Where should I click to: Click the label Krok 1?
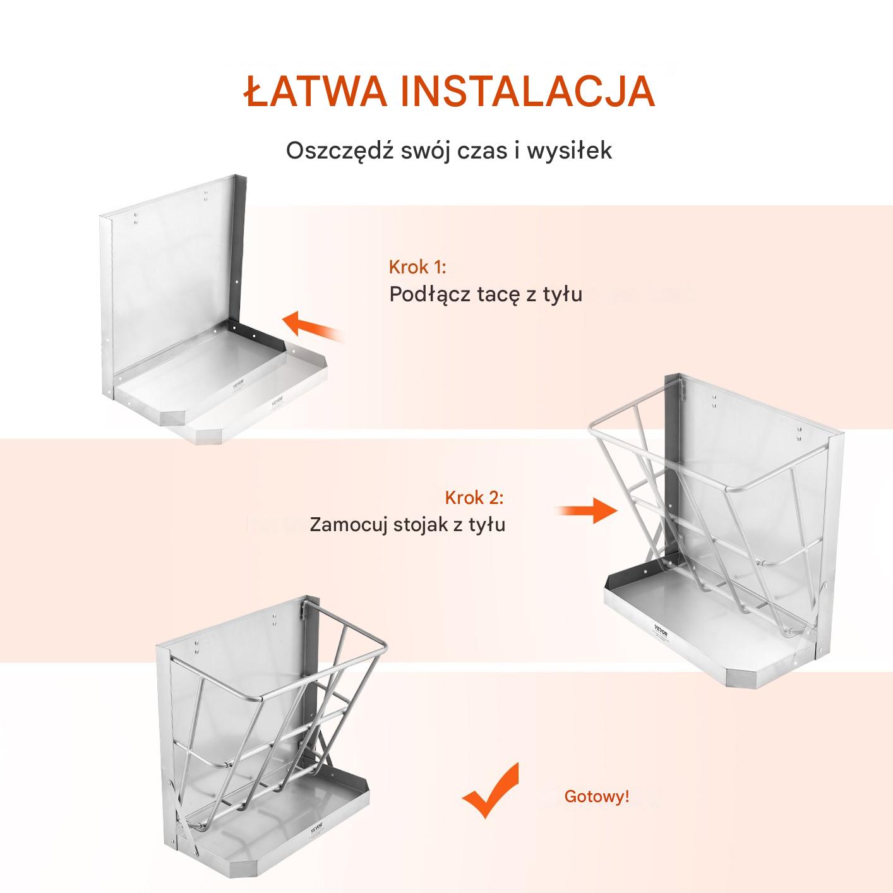pos(417,267)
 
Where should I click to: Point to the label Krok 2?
pos(474,498)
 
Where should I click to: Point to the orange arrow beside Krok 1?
pos(313,326)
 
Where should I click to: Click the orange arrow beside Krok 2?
pos(587,510)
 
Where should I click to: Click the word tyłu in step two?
pos(486,525)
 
